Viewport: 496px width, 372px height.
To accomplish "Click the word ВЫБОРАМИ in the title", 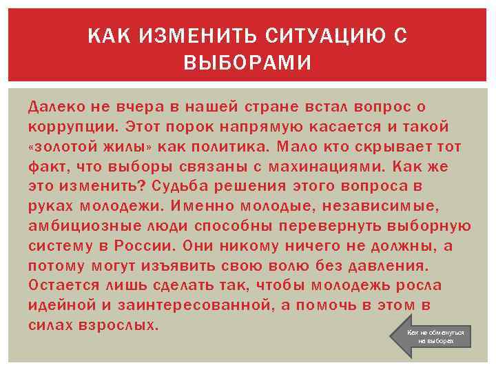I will [247, 63].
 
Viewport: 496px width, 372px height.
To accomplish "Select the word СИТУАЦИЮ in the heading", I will [300, 36].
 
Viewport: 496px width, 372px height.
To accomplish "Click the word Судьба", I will [178, 187].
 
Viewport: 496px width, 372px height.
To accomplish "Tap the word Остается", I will [63, 285].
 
